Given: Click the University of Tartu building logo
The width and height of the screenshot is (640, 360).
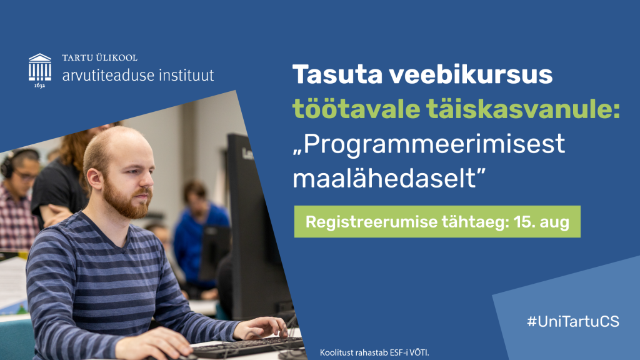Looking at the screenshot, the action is tap(40, 70).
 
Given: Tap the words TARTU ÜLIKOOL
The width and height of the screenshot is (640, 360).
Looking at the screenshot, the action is tap(99, 57).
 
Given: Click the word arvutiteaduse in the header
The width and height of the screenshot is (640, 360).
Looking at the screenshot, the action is tap(108, 75).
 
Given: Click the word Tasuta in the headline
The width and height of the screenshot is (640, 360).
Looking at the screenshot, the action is tap(337, 74).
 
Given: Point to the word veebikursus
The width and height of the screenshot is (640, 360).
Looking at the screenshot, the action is tap(471, 74).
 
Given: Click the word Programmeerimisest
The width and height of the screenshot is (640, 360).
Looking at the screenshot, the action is tap(429, 145).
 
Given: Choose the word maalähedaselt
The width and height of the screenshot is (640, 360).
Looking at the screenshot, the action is tap(389, 178).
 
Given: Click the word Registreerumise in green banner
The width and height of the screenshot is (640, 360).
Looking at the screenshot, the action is tap(371, 222).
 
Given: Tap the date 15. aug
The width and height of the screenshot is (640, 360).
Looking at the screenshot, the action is tap(541, 222).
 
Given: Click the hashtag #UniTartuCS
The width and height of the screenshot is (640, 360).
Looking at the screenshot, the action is tap(573, 322).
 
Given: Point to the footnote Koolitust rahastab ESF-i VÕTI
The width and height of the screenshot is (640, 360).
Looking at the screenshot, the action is tap(374, 352).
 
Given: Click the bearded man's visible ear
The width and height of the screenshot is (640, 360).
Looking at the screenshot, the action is tap(94, 180).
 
